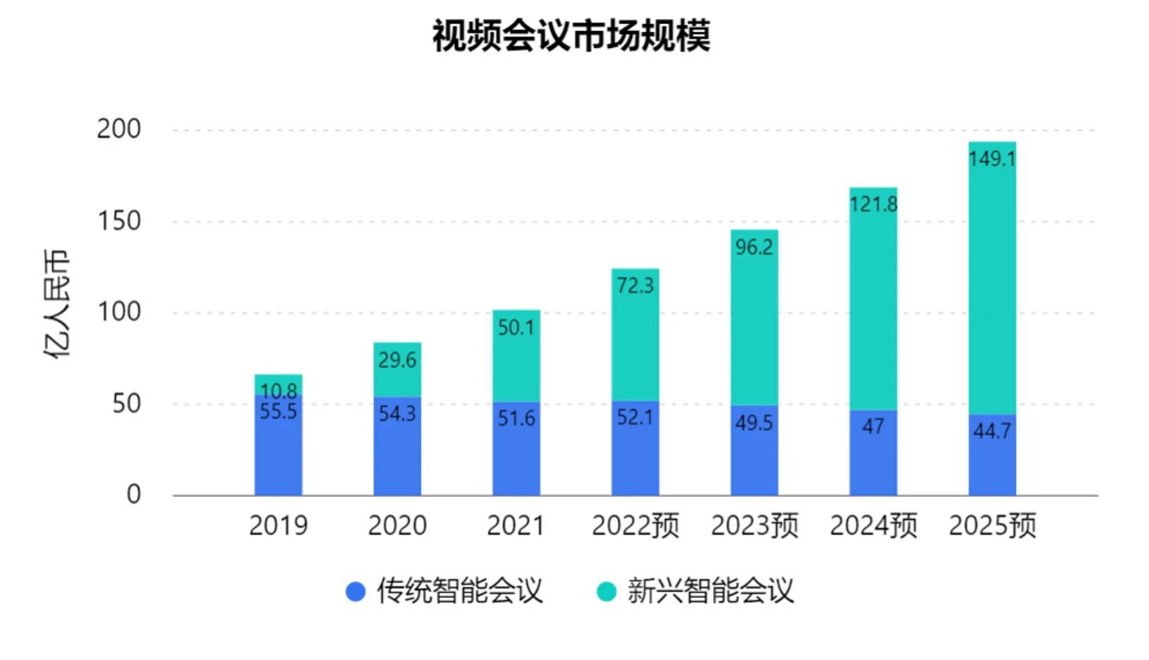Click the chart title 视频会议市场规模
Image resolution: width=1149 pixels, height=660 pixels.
pos(571,36)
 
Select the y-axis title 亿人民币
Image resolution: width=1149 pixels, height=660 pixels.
pos(57,304)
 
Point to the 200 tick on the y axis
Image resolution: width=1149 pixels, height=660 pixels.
pos(119,129)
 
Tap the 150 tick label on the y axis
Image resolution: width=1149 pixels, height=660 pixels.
pos(119,221)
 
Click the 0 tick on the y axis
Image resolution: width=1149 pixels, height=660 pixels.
pos(133,494)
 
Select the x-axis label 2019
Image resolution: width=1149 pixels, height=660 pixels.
pos(278,526)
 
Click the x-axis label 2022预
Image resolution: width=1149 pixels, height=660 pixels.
pos(635,526)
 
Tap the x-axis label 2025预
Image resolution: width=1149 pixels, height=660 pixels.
pos(992,526)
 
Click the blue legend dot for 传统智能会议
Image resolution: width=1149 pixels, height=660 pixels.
pos(355,591)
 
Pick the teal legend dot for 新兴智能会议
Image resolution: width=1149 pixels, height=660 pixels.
pos(607,591)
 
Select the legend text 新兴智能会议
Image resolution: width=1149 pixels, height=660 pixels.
pos(711,591)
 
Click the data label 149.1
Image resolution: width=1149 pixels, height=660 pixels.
pos(992,159)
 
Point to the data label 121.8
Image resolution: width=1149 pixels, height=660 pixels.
pos(873,204)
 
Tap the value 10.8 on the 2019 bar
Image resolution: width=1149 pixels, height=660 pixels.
pos(279,390)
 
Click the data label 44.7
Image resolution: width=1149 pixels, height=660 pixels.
pos(992,430)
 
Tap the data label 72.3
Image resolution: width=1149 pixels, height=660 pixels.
pos(635,286)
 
